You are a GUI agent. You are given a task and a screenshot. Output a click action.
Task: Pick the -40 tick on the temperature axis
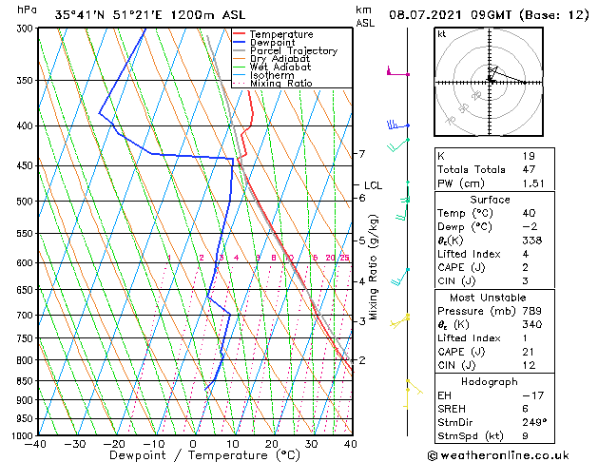click(x=36, y=444)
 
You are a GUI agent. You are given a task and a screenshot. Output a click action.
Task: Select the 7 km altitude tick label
click(x=361, y=154)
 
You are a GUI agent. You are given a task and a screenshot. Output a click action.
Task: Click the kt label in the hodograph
click(x=441, y=34)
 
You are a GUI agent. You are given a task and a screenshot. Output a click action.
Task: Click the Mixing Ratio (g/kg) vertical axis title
click(x=374, y=266)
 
